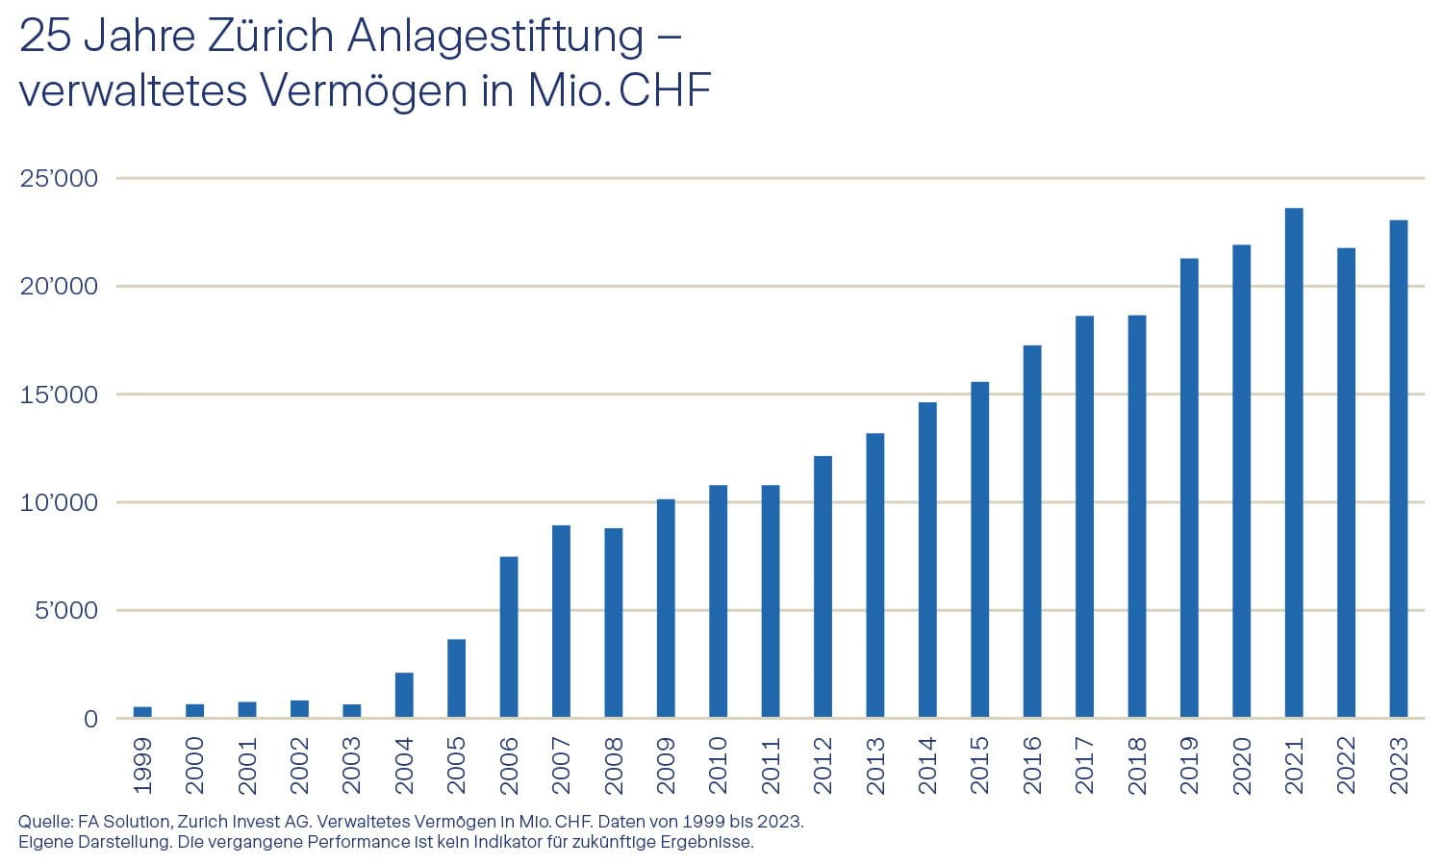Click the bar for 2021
(x=1294, y=463)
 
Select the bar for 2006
(x=509, y=637)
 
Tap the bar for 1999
(x=142, y=712)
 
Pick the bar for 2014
(x=927, y=560)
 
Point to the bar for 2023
(x=1398, y=469)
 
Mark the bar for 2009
(x=666, y=608)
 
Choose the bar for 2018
(x=1136, y=516)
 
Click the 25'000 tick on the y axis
(x=59, y=179)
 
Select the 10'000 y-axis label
(x=59, y=503)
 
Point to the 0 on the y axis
(x=90, y=720)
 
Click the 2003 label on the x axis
(x=352, y=765)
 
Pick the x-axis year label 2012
(x=823, y=765)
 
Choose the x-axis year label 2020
(x=1241, y=765)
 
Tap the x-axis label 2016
(x=1032, y=765)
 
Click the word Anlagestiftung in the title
(x=495, y=37)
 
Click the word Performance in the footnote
(x=367, y=843)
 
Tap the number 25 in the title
(x=44, y=37)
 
